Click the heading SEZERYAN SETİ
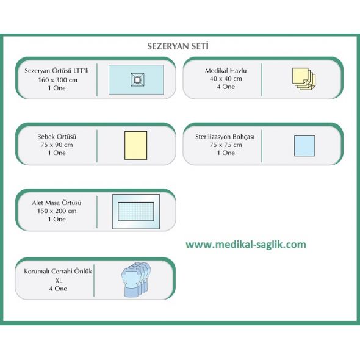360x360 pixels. [178, 46]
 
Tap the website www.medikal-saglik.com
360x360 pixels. [246, 245]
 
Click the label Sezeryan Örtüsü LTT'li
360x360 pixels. [57, 71]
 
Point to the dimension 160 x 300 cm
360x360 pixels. [57, 80]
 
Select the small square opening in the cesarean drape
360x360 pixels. [137, 80]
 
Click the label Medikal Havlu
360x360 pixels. [226, 71]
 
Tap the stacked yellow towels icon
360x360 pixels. [304, 79]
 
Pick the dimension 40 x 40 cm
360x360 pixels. [226, 79]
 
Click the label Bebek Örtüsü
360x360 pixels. [57, 137]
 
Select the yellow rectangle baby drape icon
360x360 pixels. [135, 145]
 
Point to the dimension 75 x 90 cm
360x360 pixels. [57, 145]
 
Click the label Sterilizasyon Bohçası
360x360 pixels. [225, 137]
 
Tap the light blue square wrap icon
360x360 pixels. [304, 146]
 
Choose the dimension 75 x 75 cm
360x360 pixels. [226, 145]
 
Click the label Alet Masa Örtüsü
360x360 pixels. [57, 203]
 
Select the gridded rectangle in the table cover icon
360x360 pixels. [136, 211]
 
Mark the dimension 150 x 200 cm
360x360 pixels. [57, 211]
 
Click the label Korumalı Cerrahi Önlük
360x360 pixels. [58, 271]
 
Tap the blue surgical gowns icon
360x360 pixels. [136, 279]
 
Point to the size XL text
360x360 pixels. [59, 280]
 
